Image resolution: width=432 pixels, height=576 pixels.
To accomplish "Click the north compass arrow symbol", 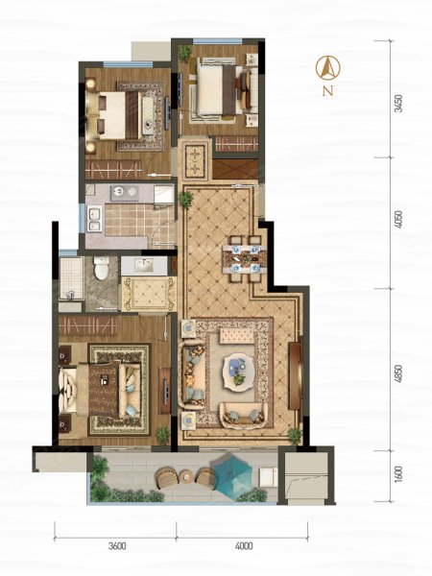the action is pos(327,67).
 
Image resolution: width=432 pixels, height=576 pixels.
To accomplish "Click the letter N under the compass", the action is pos(328,91).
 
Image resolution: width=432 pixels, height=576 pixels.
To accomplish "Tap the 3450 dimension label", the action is pos(397,104).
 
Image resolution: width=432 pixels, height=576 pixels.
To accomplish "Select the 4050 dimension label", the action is pos(397,219).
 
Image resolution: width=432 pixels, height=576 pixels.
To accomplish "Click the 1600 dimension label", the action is pos(397,474).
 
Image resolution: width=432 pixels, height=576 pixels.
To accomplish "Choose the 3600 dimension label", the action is pos(117,546).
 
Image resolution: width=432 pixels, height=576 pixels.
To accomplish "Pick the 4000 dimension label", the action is pos(244,546).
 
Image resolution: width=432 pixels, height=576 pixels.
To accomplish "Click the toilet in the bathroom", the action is pos(101,268).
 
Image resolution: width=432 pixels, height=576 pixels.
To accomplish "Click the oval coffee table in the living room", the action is pos(239,370).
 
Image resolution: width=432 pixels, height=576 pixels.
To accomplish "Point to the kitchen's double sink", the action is pos(94,219).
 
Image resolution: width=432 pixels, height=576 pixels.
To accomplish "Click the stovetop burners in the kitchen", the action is pos(125,193).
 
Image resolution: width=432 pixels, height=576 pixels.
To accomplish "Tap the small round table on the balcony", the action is pos(186,477).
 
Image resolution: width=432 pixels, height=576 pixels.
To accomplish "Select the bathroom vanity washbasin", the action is pos(144,265).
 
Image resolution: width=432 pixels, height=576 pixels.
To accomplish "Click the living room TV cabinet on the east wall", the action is pos(296,375).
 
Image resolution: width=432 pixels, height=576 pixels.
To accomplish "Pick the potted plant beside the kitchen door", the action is pos(186,200).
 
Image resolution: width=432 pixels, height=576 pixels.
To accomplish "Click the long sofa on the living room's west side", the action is pos(192,374).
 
